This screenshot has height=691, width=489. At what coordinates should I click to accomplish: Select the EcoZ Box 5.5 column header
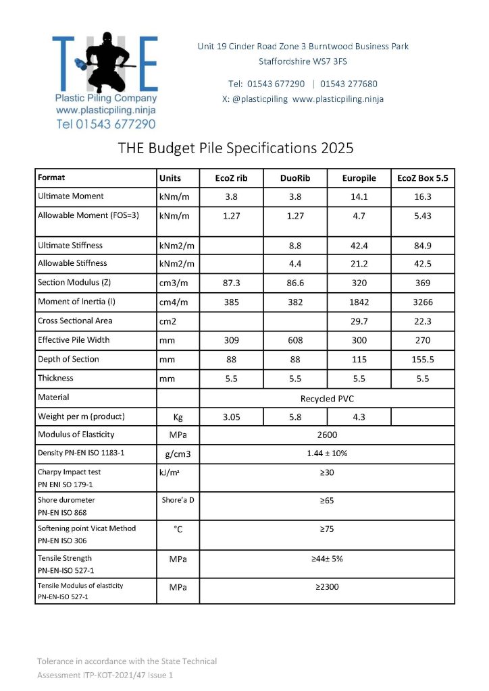click(x=423, y=178)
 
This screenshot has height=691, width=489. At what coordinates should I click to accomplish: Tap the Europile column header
click(x=359, y=178)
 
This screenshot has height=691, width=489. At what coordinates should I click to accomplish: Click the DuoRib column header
click(x=294, y=178)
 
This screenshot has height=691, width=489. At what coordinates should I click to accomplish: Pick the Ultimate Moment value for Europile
click(x=359, y=196)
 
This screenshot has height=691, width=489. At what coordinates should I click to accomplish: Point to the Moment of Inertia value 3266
click(x=423, y=303)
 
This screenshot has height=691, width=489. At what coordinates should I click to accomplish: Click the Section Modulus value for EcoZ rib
click(x=232, y=284)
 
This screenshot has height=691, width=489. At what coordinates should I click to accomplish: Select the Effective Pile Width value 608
click(x=294, y=341)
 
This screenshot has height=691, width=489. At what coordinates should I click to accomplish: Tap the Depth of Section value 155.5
click(x=423, y=360)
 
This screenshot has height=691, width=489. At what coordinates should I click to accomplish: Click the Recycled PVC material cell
click(x=327, y=398)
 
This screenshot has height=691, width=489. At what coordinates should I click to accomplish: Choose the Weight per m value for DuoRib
click(x=294, y=417)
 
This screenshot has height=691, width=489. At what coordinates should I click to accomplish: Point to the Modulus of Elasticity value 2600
click(x=327, y=435)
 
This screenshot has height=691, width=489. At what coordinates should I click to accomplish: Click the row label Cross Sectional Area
click(x=75, y=321)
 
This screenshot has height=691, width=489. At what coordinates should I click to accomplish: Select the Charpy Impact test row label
click(x=70, y=472)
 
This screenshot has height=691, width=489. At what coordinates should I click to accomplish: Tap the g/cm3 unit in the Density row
click(x=178, y=454)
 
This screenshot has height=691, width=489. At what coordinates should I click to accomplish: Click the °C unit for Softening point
click(x=178, y=530)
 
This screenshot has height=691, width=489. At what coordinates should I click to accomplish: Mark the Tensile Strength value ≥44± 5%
click(x=327, y=559)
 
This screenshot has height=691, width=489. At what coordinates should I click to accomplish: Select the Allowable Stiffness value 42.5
click(x=423, y=263)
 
